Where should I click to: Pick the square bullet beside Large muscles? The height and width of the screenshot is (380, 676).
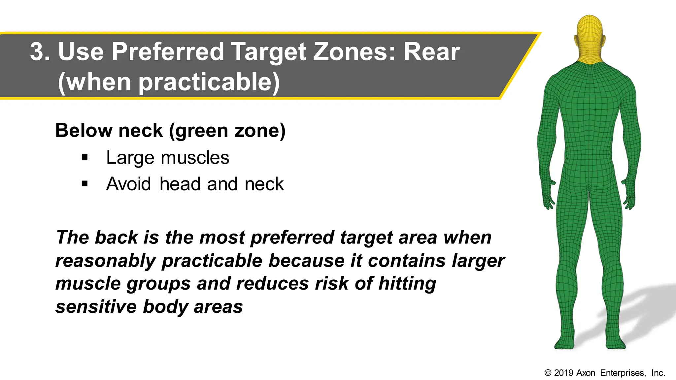(85, 157)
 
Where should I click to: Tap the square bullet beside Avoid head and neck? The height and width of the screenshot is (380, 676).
(85, 184)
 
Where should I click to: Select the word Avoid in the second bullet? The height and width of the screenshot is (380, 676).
(128, 184)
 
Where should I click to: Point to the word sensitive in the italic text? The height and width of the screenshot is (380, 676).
(96, 307)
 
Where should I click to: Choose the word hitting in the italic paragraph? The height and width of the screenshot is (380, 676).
(407, 284)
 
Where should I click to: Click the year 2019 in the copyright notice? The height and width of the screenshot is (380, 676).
(563, 373)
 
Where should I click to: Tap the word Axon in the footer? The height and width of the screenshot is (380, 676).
(586, 373)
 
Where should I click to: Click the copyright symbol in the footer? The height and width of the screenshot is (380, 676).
(548, 373)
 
